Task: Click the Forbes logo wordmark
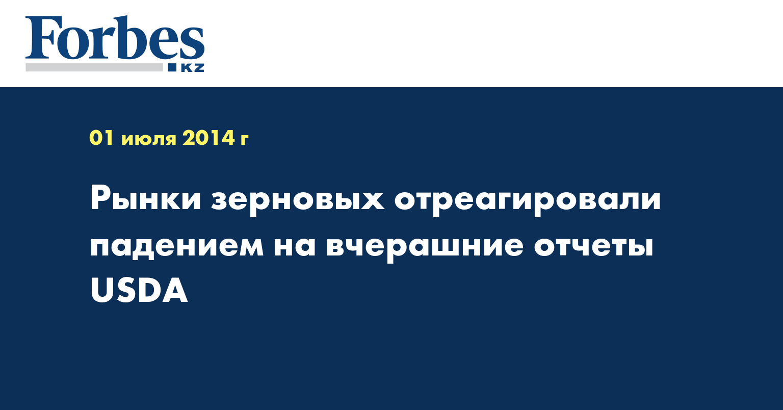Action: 115,38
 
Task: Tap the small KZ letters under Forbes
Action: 193,68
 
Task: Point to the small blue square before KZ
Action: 172,67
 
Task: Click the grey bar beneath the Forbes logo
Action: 94,67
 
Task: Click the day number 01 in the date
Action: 101,138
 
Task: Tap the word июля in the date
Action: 148,140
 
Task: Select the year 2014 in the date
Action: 208,138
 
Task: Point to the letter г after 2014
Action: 244,140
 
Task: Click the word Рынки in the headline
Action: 145,198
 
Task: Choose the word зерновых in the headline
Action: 298,201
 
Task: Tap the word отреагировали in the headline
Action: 528,201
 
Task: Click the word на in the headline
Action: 295,246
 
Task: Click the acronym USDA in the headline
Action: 139,290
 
